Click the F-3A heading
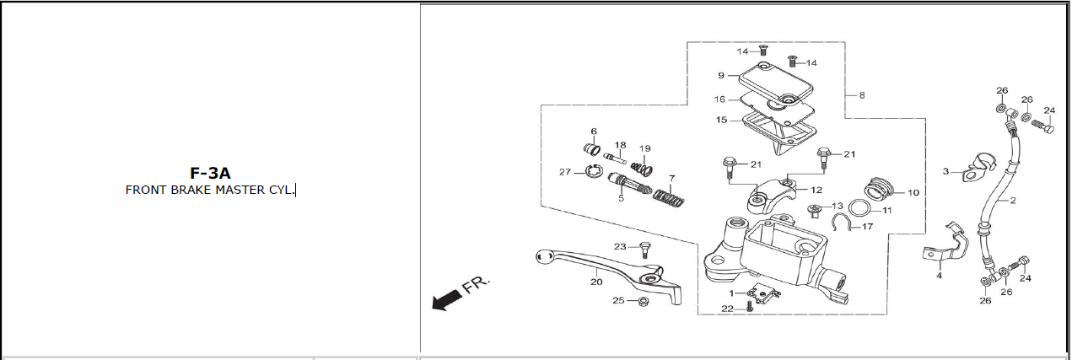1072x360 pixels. (x=210, y=173)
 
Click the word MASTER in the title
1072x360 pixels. (x=240, y=190)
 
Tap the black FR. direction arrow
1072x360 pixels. (x=447, y=301)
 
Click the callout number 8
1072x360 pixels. (x=862, y=95)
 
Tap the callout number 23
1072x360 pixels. (x=620, y=247)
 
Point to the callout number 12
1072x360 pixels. (x=816, y=190)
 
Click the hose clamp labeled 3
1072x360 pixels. (x=978, y=169)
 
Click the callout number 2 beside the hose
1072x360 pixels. (x=1013, y=201)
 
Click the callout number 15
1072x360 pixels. (x=722, y=120)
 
